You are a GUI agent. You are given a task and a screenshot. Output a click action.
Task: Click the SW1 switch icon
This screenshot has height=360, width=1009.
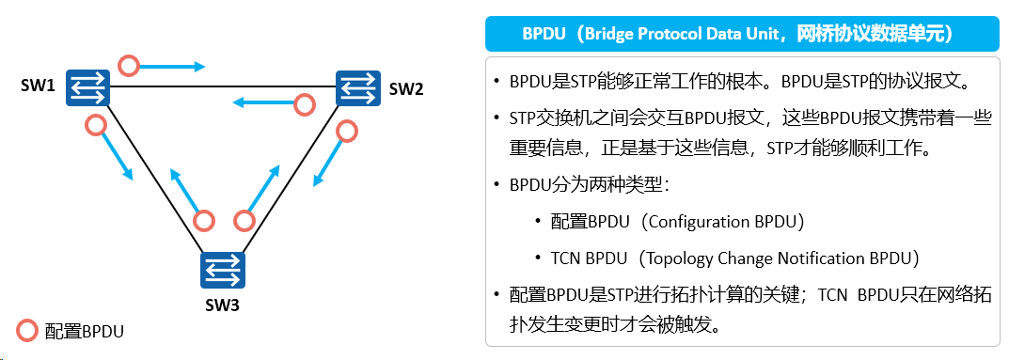(87, 86)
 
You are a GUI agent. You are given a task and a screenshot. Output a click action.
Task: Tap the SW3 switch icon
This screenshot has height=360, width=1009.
(223, 270)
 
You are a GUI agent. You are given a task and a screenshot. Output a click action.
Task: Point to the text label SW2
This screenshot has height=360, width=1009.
(406, 88)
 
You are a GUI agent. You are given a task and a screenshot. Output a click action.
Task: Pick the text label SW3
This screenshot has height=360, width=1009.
(222, 305)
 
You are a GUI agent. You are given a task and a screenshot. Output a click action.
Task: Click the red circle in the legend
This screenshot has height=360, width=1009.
(27, 331)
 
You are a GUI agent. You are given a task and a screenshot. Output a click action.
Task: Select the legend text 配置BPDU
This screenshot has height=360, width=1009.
(84, 332)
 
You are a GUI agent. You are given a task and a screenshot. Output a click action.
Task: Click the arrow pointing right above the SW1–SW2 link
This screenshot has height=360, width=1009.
(171, 66)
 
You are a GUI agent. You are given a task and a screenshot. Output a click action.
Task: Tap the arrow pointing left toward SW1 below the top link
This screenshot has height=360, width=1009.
(264, 102)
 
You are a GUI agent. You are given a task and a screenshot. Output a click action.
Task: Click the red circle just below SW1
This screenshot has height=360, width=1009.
(96, 125)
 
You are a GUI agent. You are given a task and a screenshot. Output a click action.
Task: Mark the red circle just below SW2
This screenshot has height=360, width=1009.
(347, 132)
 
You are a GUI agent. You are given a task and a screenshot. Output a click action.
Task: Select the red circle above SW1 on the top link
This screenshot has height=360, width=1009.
(130, 65)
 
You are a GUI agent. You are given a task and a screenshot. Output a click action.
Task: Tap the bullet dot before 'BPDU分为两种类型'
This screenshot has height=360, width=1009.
(497, 185)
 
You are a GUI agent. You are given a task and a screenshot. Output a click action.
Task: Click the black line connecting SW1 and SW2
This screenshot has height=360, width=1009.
(223, 86)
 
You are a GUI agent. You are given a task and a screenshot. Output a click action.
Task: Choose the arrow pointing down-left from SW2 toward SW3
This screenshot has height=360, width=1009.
(328, 164)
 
